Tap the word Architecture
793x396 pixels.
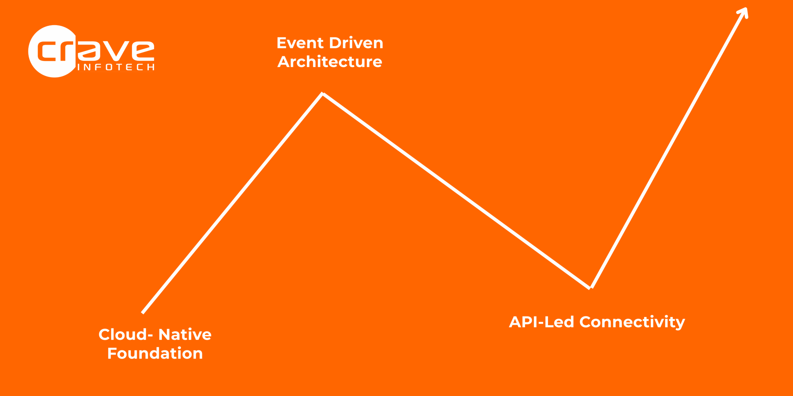330,62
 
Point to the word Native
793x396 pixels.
185,334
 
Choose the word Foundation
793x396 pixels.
155,353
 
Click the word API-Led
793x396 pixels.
541,322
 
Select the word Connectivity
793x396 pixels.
632,323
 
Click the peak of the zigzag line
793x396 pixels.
322,93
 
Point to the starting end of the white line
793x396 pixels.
142,313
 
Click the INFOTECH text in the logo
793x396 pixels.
116,67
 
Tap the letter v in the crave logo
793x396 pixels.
116,50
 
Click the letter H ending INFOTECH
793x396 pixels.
151,67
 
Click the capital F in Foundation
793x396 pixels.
112,353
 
